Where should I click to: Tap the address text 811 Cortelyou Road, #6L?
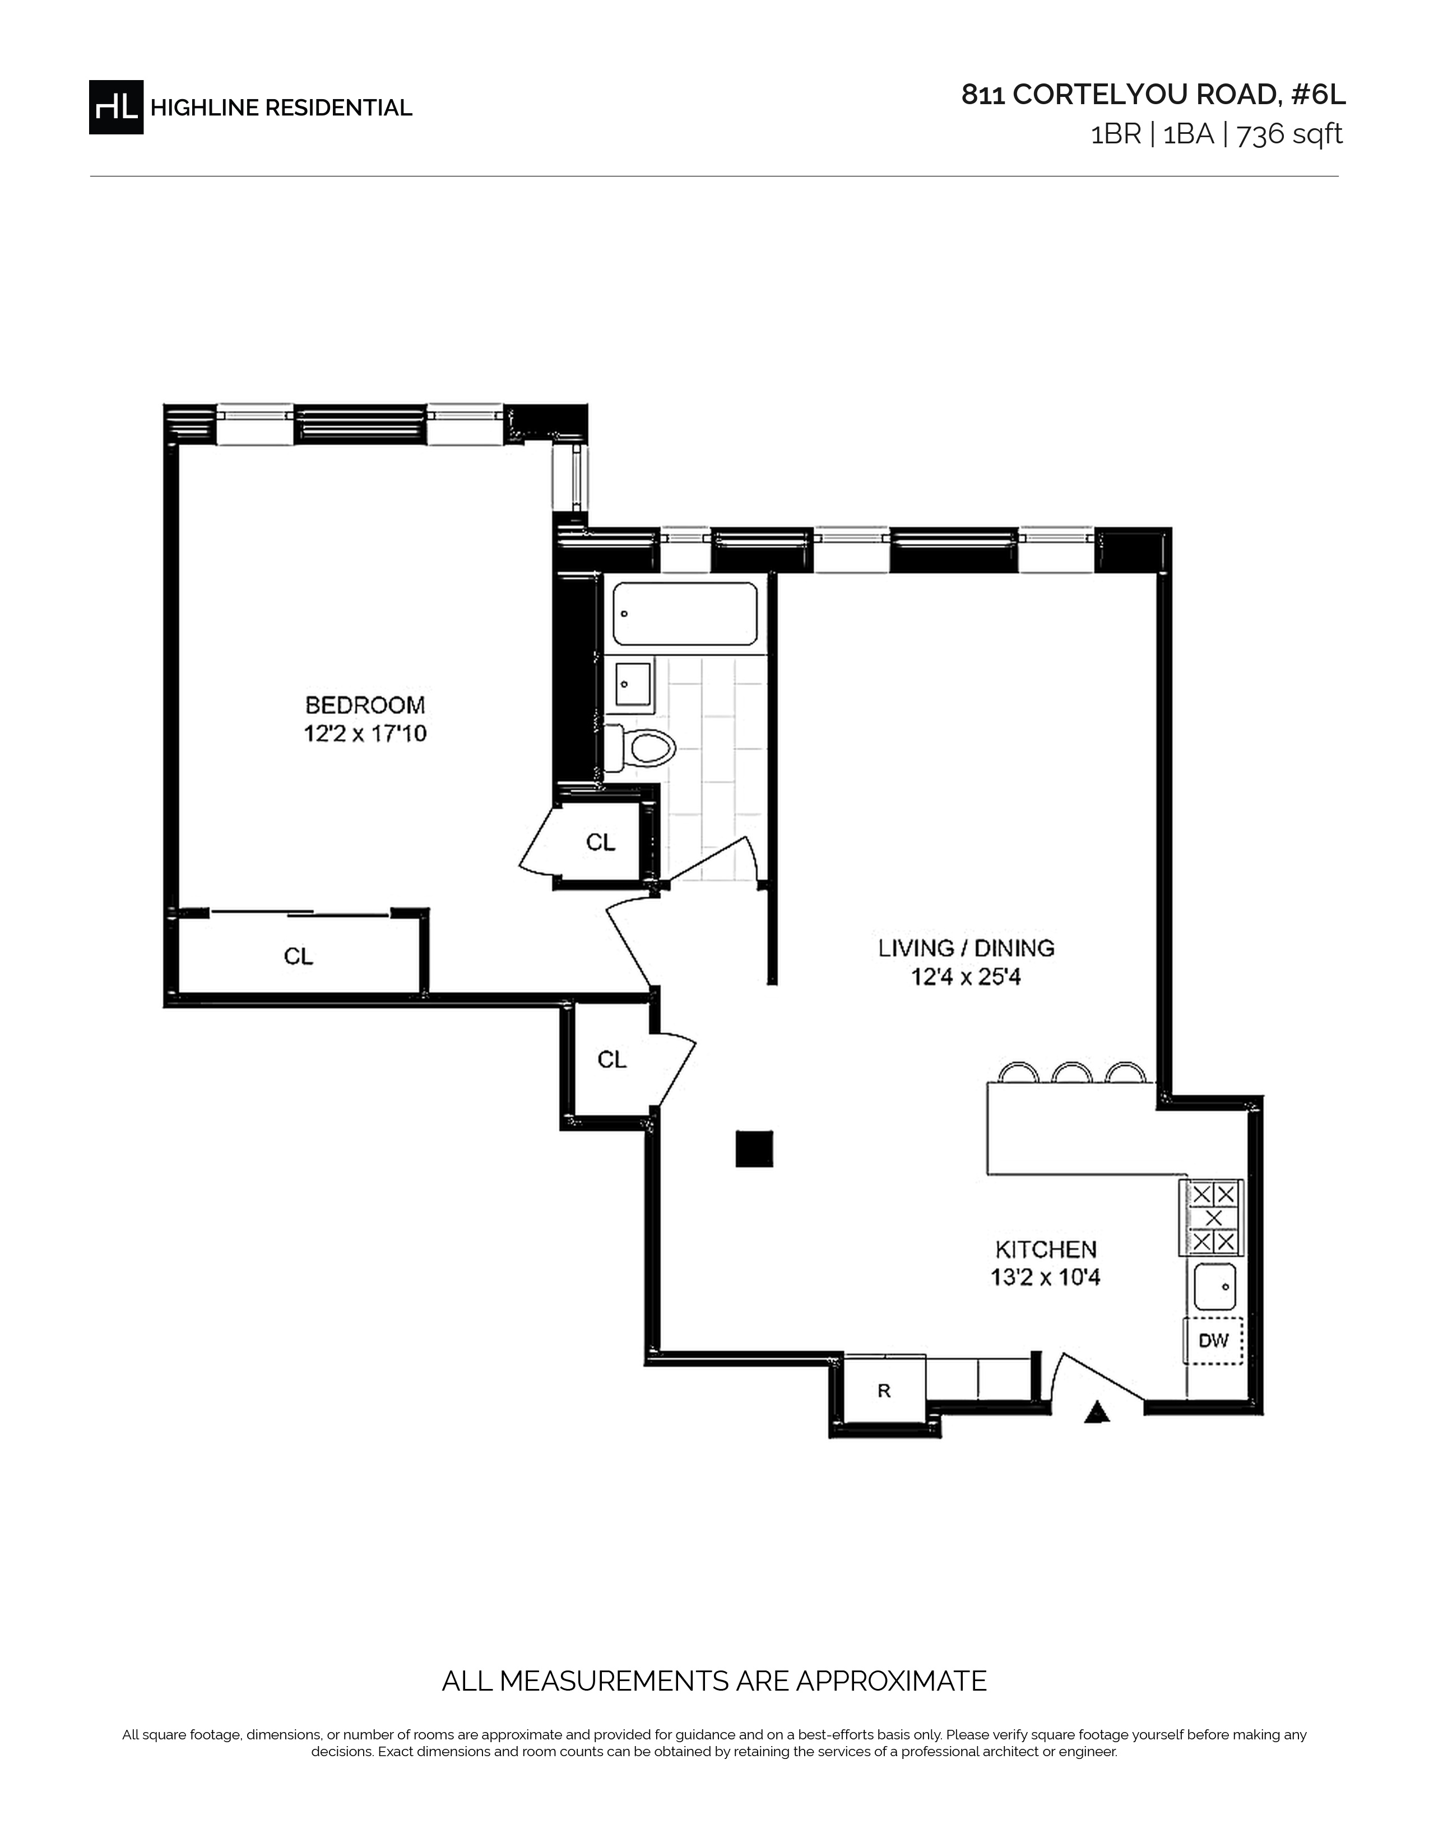1153,95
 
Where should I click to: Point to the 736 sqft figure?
1289,134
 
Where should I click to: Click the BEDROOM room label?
365,705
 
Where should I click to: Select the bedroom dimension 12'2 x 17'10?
365,734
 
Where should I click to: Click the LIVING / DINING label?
966,948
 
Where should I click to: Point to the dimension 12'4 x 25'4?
966,977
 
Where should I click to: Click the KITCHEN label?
1046,1249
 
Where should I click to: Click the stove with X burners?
1212,1217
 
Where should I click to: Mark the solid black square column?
753,1148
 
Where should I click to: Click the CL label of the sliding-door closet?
298,956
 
